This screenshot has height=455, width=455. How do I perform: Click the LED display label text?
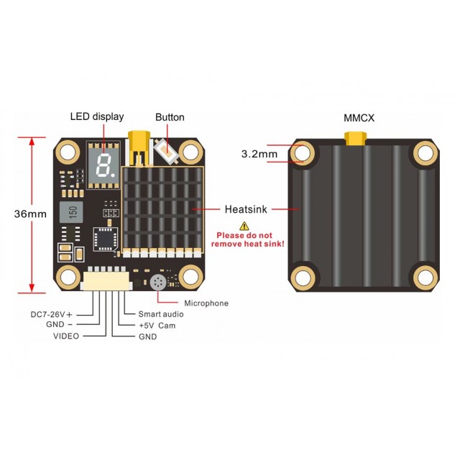(96, 116)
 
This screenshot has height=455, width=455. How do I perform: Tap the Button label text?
(170, 117)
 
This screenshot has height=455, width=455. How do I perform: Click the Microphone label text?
(206, 303)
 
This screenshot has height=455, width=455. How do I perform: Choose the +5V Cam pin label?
(157, 326)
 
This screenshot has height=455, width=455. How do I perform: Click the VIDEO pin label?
(66, 336)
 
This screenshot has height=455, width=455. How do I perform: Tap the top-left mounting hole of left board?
(68, 152)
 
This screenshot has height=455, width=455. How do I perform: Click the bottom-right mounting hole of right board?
(423, 276)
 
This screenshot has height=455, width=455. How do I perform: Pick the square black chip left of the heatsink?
(105, 236)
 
